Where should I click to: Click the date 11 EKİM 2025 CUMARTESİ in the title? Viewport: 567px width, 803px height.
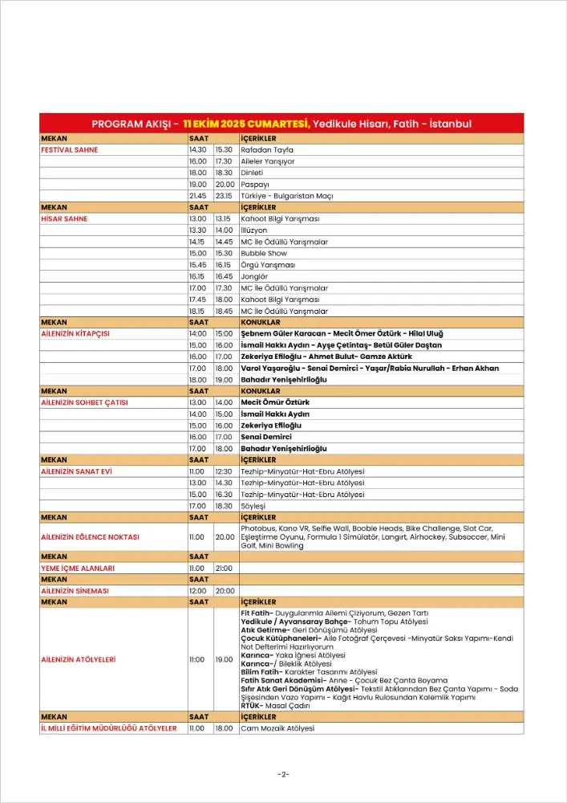click(246, 124)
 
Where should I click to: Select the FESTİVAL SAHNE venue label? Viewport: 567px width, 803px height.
click(69, 149)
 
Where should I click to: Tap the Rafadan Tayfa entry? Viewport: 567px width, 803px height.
click(267, 149)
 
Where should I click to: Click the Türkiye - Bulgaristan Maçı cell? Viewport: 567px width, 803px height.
click(286, 196)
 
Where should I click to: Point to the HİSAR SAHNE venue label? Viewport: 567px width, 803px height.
click(64, 218)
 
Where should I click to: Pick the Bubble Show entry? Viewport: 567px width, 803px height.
click(264, 253)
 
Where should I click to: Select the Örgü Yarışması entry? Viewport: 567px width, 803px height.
click(268, 265)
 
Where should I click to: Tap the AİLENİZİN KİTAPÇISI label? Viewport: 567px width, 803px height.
click(75, 333)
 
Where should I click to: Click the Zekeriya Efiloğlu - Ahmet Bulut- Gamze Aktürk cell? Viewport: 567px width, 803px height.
click(326, 357)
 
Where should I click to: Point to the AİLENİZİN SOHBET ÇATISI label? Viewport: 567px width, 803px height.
click(84, 402)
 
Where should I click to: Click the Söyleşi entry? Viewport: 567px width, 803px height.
click(253, 506)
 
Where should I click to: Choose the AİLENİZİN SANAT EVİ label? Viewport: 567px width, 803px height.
click(76, 471)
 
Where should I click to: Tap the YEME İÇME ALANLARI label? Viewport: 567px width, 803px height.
click(78, 568)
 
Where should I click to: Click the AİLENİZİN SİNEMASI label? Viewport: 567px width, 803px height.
click(75, 590)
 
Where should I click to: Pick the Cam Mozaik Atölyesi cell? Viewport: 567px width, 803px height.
click(277, 728)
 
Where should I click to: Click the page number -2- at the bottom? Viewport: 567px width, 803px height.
click(283, 774)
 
